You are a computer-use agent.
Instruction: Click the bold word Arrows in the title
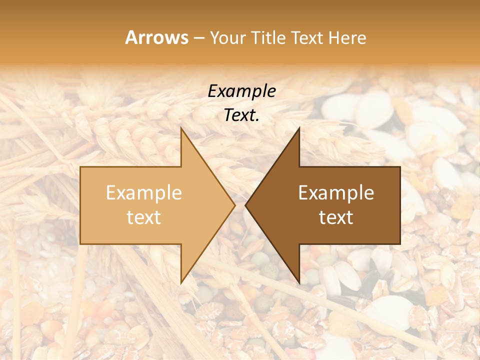[156, 37]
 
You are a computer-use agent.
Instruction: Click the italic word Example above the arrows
[242, 91]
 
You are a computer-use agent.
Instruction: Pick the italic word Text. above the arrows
[242, 115]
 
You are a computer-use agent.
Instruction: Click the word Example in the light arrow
[144, 193]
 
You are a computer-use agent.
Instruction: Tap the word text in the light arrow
[144, 217]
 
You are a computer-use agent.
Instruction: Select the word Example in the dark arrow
[336, 193]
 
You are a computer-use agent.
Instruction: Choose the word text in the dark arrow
[336, 217]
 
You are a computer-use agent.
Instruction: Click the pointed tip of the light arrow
[234, 205]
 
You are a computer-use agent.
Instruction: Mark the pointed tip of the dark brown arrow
[246, 205]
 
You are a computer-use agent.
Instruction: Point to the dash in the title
[199, 38]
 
